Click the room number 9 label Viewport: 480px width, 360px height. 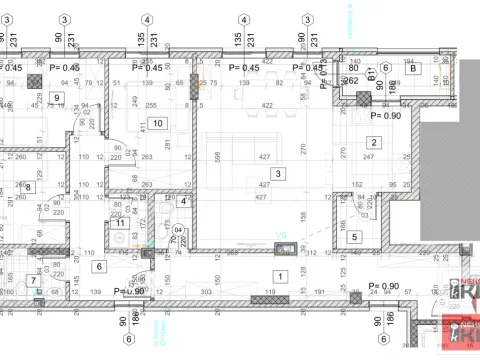[x=56, y=97]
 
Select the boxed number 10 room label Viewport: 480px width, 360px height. [x=157, y=123]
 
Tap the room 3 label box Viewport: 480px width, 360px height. [x=278, y=174]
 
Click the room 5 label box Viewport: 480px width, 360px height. [x=355, y=236]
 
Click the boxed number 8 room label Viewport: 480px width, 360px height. [x=28, y=186]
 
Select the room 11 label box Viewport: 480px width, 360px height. [x=120, y=223]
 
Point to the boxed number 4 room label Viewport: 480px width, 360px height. [x=184, y=201]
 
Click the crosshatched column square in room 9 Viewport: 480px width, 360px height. [x=34, y=78]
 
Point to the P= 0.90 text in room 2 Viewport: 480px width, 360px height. [x=385, y=115]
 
